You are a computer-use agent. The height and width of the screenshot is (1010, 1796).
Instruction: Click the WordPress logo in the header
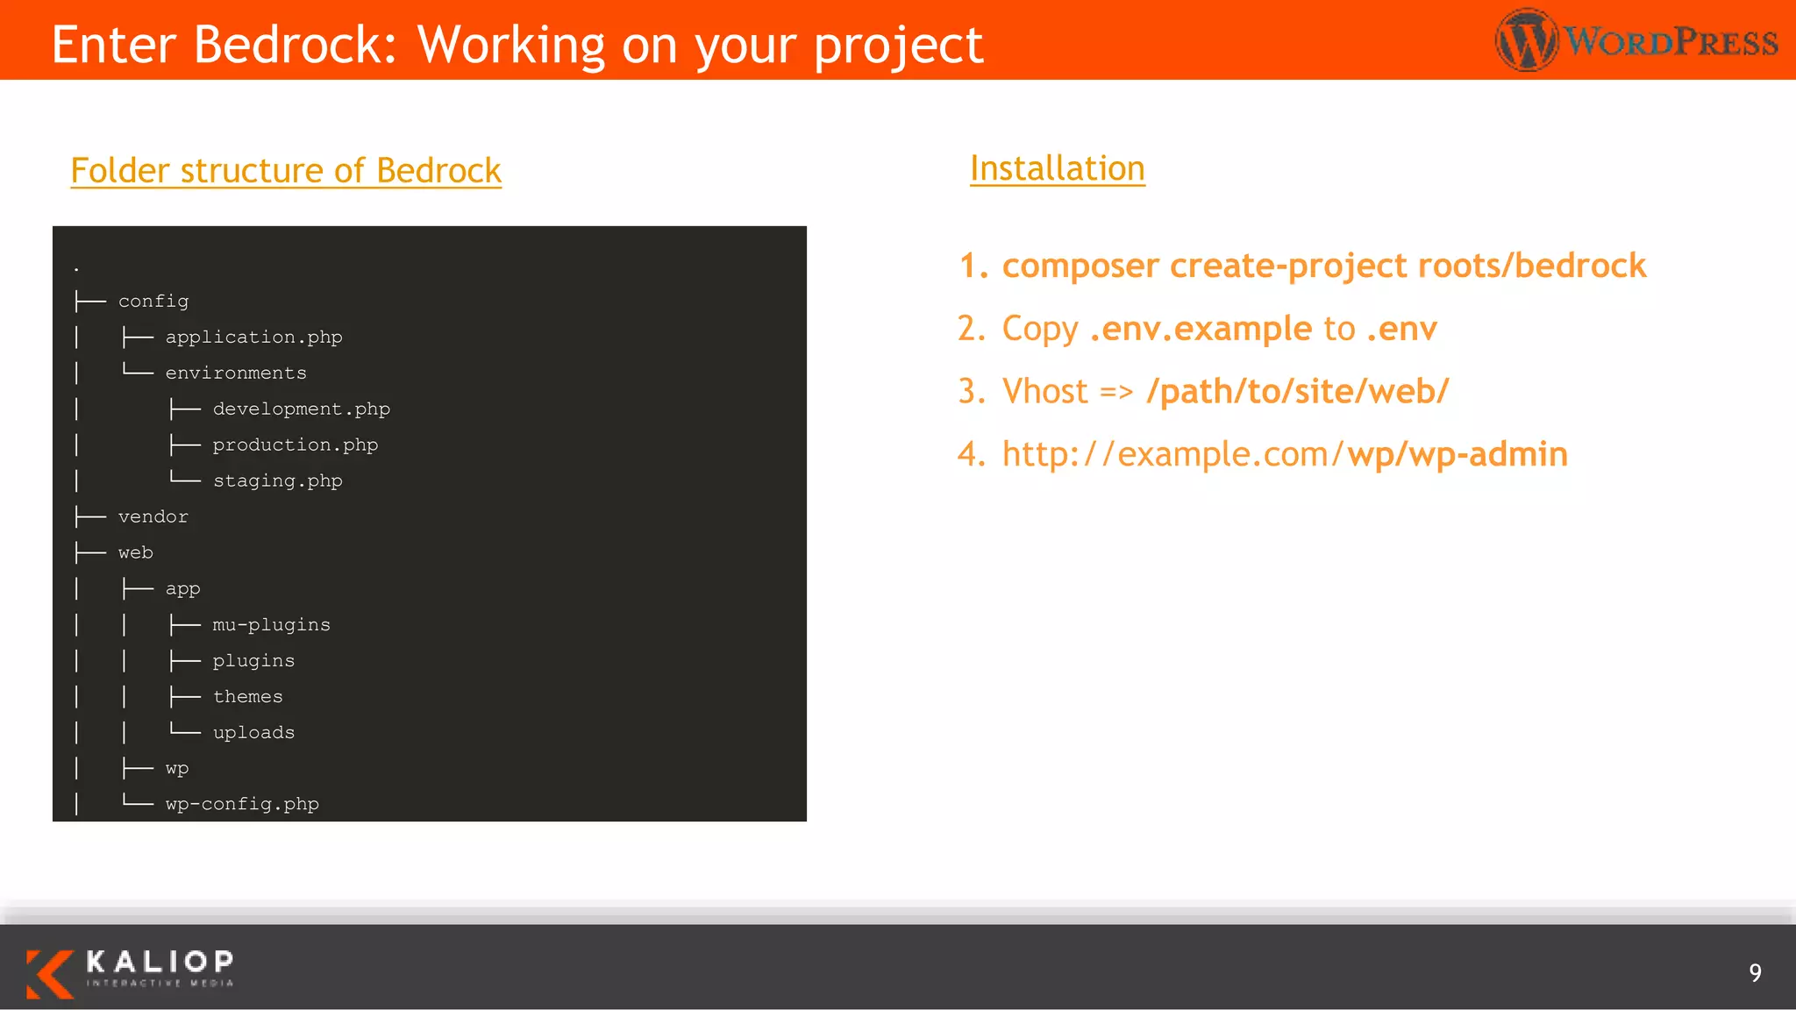1636,40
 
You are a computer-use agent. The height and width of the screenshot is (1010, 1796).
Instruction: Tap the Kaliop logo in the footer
130,972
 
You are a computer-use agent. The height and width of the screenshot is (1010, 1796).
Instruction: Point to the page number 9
1755,972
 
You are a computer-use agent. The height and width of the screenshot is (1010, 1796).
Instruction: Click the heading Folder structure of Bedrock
286,170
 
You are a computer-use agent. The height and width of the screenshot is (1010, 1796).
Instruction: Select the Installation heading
1057,168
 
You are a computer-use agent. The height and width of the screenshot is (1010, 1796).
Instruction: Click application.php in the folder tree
253,338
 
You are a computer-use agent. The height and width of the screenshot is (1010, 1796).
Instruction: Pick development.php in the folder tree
301,409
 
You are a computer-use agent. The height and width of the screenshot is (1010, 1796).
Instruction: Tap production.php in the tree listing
295,445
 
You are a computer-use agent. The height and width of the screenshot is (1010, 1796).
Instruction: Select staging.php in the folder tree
277,481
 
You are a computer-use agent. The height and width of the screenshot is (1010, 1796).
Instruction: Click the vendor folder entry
153,517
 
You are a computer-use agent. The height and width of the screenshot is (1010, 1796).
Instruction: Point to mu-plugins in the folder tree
271,625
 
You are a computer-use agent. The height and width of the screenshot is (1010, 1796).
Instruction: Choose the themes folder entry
247,697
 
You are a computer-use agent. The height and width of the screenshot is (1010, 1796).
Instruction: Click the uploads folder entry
253,733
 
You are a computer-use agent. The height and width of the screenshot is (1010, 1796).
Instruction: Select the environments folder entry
236,373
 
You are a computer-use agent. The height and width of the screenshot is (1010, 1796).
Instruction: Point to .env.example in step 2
1201,329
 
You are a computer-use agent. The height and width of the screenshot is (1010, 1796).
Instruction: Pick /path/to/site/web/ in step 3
1297,391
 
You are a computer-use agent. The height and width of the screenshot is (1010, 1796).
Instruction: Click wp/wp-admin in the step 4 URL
1457,454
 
